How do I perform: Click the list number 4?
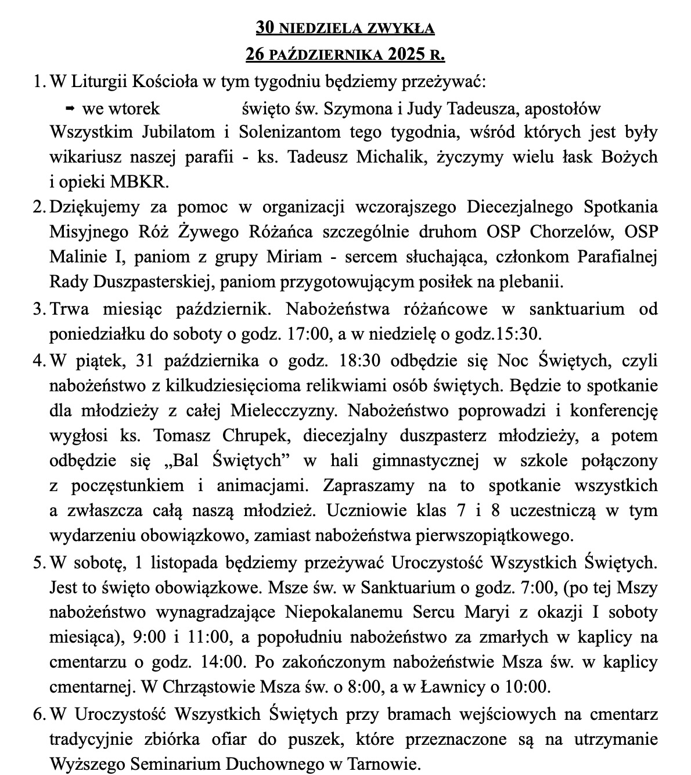pyautogui.click(x=38, y=360)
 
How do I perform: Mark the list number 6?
pyautogui.click(x=38, y=713)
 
